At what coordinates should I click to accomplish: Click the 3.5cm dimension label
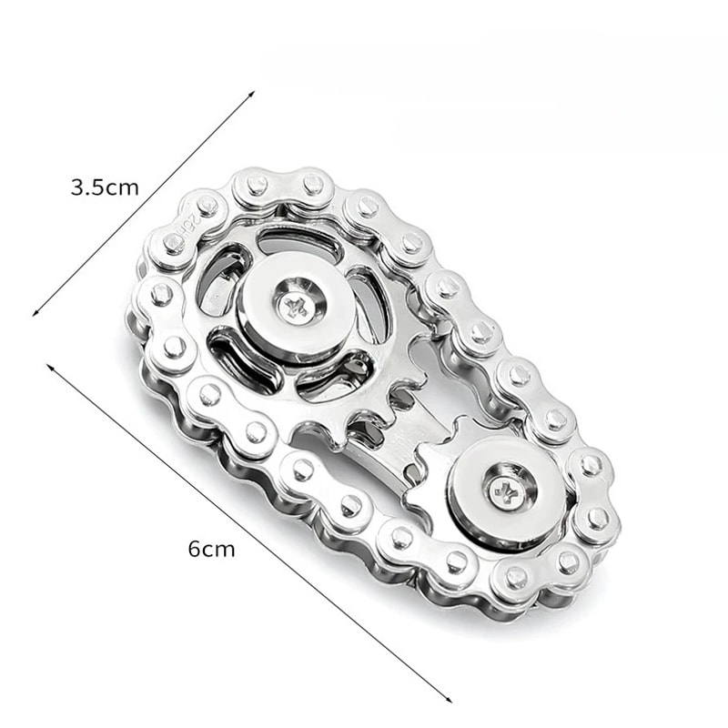105,188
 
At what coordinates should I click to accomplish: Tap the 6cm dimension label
211,549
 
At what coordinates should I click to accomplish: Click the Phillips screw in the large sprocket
294,306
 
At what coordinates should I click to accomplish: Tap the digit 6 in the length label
195,549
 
